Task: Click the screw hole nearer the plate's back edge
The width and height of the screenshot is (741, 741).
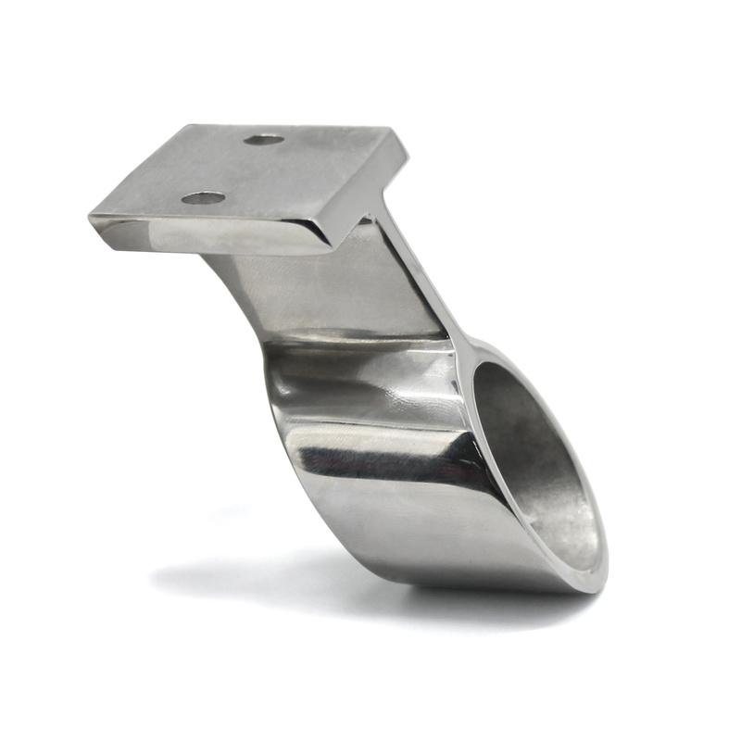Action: [x=265, y=140]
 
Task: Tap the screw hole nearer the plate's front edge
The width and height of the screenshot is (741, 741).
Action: [x=204, y=197]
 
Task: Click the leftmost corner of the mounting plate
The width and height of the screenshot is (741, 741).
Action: [x=91, y=220]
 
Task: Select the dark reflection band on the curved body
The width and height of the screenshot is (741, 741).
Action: [x=389, y=454]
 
